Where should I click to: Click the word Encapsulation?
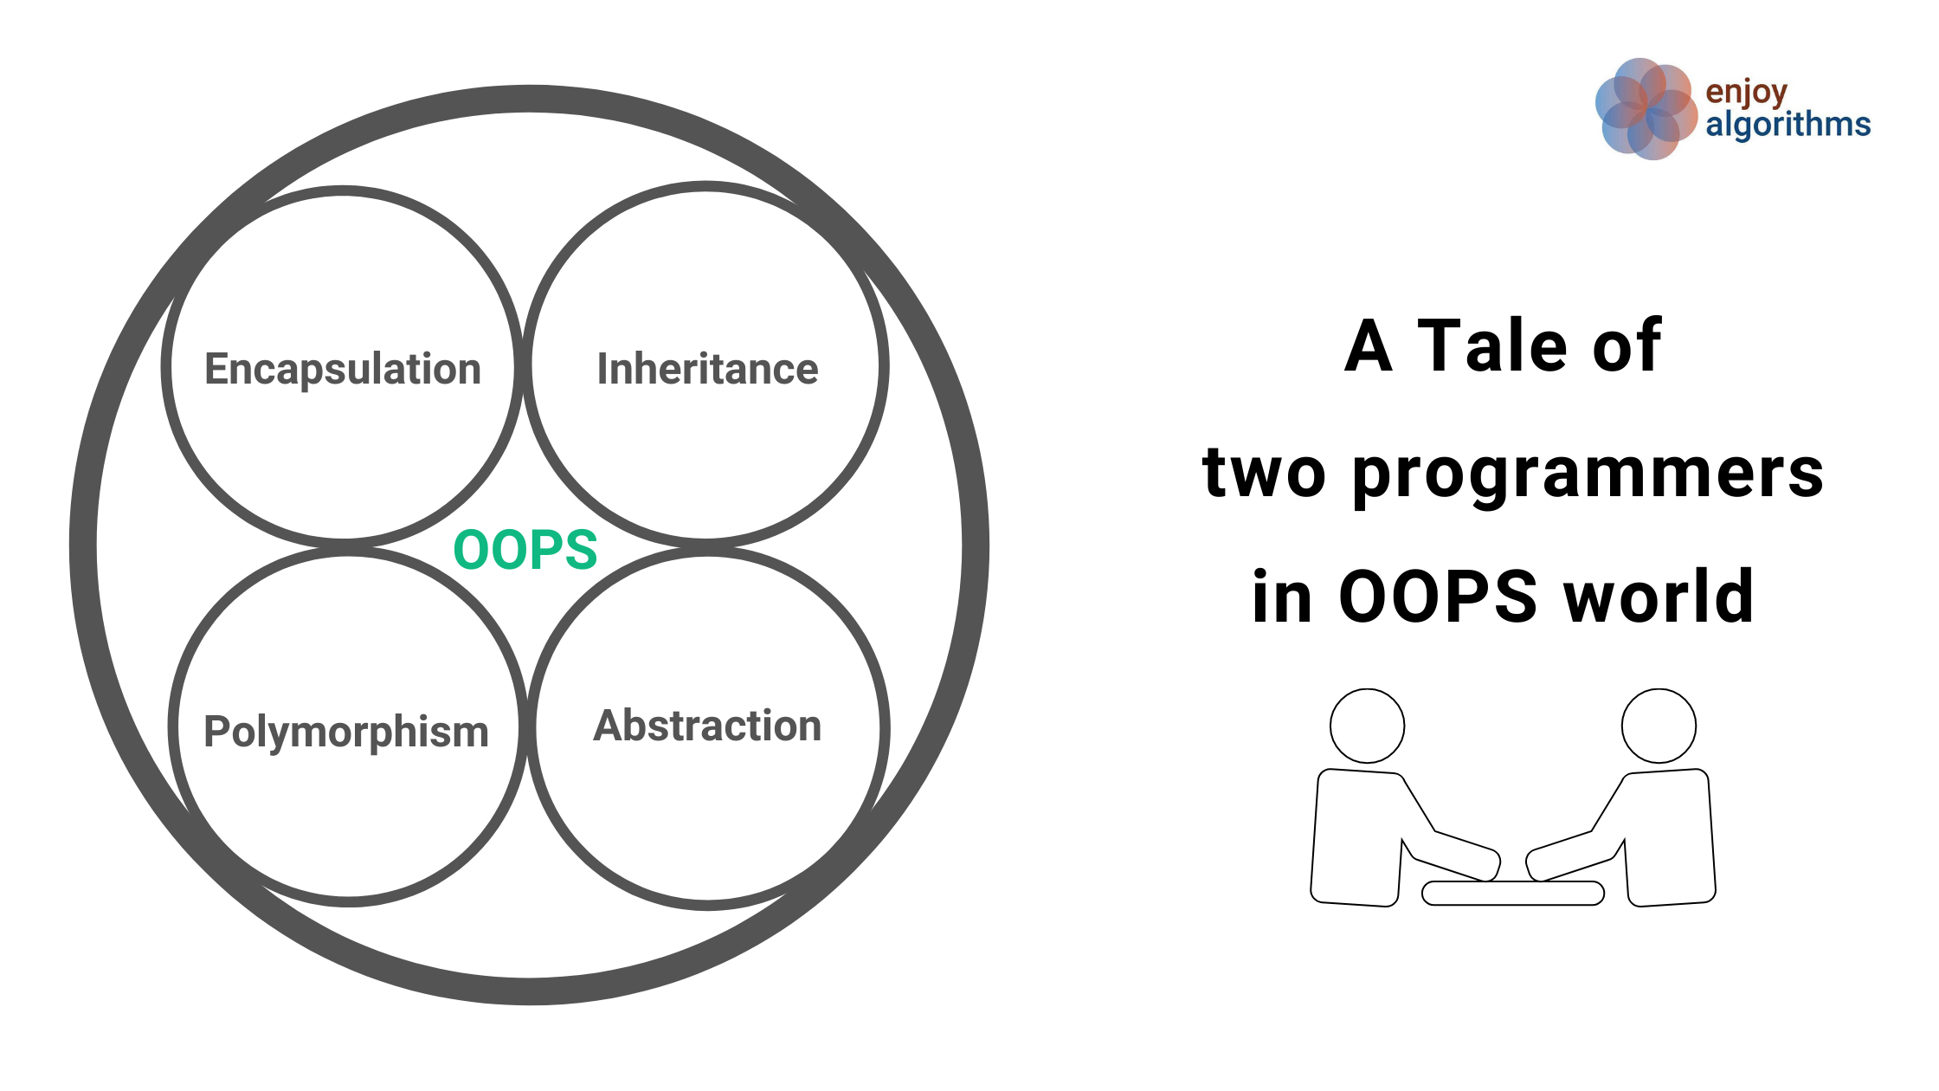[343, 370]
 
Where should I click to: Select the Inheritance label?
[707, 370]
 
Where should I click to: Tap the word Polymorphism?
[346, 733]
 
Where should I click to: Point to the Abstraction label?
[707, 726]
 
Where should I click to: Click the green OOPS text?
[525, 550]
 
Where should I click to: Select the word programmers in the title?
[1588, 474]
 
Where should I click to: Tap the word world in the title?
[1659, 597]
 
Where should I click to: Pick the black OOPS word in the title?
[1437, 597]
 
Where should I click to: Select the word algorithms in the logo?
[1788, 125]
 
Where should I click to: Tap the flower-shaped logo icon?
[1645, 109]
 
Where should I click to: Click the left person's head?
[1367, 726]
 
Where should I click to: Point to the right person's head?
[1659, 726]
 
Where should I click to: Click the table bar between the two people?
[1512, 893]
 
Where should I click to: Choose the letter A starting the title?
[1369, 345]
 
